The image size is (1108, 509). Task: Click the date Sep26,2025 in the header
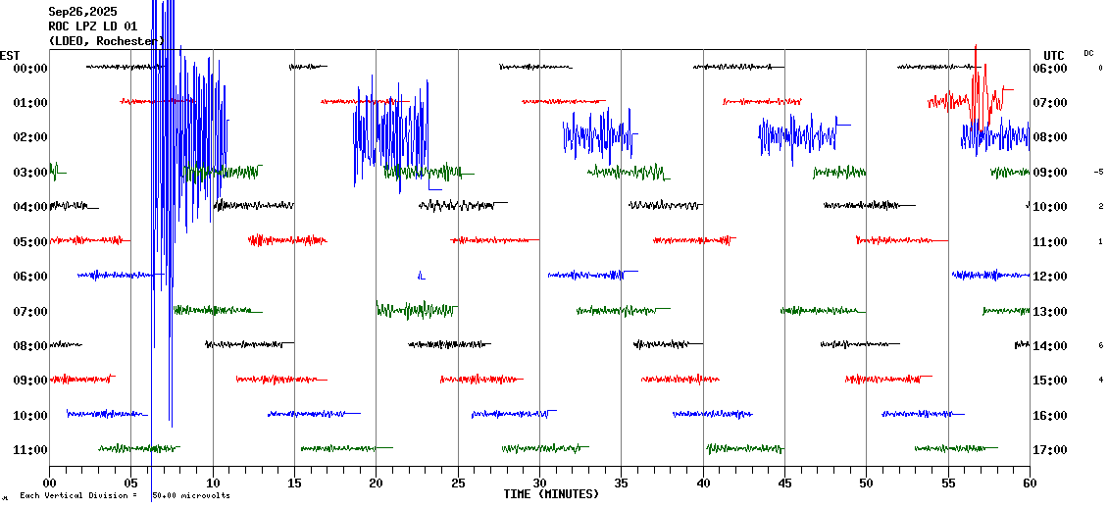tap(81, 12)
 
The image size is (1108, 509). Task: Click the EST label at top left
tap(10, 55)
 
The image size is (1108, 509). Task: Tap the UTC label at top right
tap(1054, 55)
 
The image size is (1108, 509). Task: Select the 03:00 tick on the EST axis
tap(30, 173)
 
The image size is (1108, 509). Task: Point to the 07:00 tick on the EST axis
tap(30, 312)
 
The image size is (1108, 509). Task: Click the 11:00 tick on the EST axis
tap(30, 450)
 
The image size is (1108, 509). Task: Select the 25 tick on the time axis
tap(458, 484)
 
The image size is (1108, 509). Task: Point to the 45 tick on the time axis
tap(784, 484)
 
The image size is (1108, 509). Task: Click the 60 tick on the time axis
tap(1030, 484)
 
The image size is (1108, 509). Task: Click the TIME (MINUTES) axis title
tap(551, 494)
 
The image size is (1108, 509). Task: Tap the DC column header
tap(1088, 53)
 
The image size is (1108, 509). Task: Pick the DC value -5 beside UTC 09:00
tap(1098, 172)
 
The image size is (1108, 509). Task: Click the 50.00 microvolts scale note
tap(190, 496)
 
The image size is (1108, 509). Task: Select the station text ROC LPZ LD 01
tap(92, 26)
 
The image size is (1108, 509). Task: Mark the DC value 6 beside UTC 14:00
tap(1100, 345)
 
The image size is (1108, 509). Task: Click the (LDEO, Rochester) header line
tap(106, 41)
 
